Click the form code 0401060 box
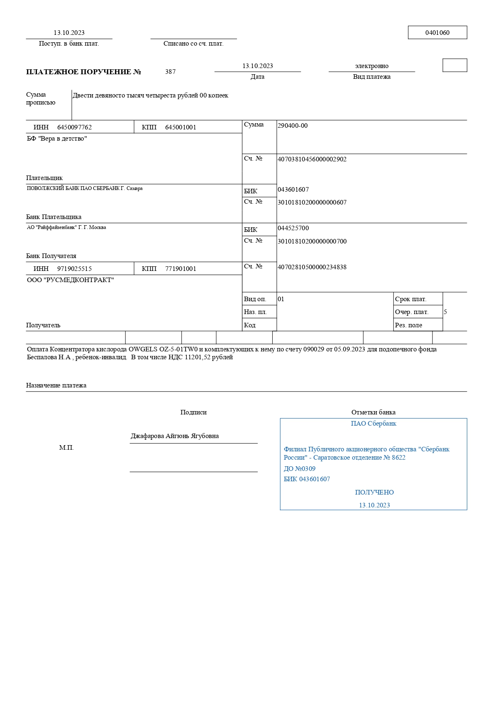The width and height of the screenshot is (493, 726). coord(437,33)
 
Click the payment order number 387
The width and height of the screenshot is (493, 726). coord(170,72)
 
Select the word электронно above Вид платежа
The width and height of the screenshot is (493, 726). coord(371,66)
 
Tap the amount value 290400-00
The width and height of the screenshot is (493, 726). coord(293,126)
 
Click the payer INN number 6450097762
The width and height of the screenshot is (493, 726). coord(74,127)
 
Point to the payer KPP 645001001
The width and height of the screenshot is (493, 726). coord(181,127)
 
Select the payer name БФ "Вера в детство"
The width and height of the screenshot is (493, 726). coord(57,139)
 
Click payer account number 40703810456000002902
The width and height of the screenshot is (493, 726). coord(312,159)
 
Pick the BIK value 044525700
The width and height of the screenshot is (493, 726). coord(293,228)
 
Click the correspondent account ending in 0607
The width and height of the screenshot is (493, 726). coord(312,202)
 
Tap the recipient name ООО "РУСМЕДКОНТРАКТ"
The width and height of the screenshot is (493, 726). coord(70,280)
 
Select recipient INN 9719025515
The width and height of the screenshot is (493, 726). coord(74,269)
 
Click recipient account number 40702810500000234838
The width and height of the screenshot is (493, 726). coord(312,267)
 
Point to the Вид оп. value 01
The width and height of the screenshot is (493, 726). coord(281,299)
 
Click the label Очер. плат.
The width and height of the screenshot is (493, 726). coord(412,312)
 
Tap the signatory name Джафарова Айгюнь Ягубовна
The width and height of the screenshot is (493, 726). coord(175,436)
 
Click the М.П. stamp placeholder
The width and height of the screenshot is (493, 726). coord(66,448)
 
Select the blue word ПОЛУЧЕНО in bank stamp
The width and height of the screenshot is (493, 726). coord(374,492)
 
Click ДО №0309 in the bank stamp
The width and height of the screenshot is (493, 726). coord(299,469)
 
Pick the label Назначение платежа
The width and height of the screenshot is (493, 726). coord(56,385)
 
